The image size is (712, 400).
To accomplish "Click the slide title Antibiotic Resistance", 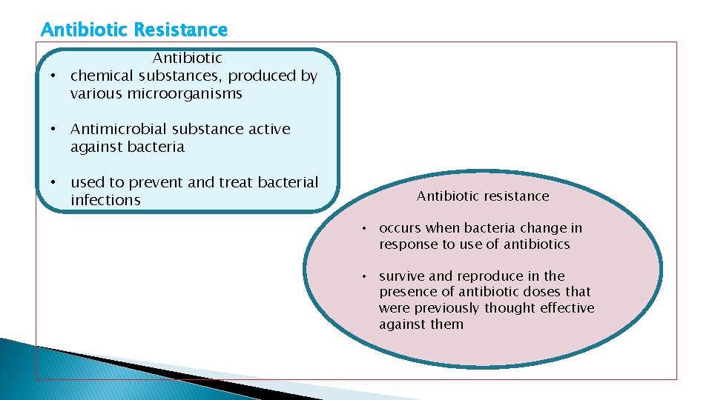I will click(134, 30).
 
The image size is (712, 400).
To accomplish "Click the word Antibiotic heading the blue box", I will click(188, 58).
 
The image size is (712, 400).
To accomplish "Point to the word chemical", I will click(99, 76).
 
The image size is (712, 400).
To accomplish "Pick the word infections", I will click(105, 201).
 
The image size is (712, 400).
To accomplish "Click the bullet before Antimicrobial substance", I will click(53, 129).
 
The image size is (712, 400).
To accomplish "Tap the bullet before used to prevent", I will click(53, 182).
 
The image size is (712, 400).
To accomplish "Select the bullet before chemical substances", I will click(53, 76).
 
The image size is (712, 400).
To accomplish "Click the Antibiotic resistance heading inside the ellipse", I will click(483, 196).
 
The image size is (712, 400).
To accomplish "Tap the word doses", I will click(541, 292).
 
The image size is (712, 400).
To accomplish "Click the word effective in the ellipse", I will click(568, 308).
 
